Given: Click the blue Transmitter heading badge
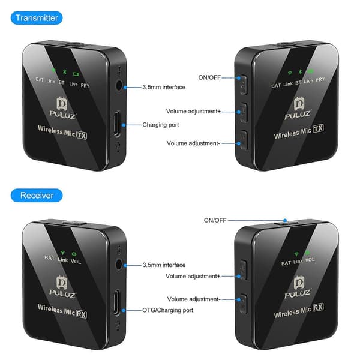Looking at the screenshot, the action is [37, 18].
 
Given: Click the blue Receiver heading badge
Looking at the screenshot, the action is [37, 196].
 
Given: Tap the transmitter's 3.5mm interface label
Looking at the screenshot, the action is [164, 87].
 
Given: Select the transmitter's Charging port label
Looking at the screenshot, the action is [160, 125].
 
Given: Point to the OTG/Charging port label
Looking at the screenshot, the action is [167, 310].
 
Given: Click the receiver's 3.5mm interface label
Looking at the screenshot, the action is [164, 265].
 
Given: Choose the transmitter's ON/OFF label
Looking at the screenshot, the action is [209, 77].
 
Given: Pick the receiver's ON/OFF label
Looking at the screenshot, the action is [215, 220].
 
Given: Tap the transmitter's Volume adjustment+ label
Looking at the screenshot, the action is [193, 112].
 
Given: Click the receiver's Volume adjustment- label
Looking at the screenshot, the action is [194, 299].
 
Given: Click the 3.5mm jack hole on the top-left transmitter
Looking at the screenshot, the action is [119, 86].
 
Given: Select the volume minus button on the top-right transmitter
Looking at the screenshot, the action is [244, 140].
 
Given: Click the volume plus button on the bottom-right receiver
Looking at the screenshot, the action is [244, 269].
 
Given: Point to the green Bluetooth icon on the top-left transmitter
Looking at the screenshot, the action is [65, 72].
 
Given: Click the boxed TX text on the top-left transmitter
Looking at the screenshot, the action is [82, 135].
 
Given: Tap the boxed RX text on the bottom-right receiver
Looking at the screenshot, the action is [319, 307].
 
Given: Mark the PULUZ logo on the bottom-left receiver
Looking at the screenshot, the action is [62, 287].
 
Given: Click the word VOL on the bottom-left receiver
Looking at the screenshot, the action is [76, 262].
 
